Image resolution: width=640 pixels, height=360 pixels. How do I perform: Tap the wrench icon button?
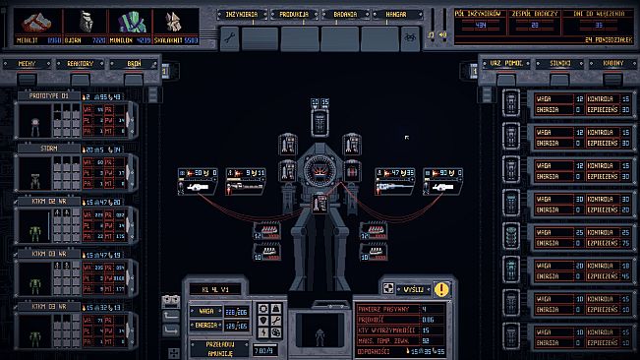pyautogui.click(x=231, y=38)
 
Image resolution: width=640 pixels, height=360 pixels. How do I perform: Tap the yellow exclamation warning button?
pyautogui.click(x=441, y=289)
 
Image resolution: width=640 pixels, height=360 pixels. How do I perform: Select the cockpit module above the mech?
pyautogui.click(x=320, y=120)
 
